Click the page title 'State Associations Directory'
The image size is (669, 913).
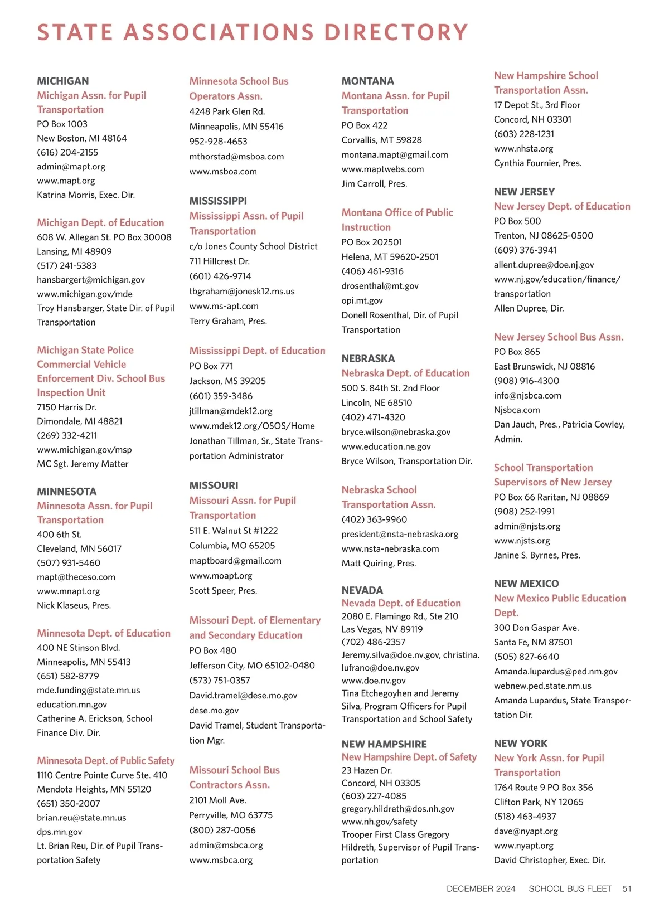click(x=253, y=32)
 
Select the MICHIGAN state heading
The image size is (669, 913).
click(x=63, y=81)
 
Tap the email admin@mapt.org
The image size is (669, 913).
click(x=71, y=167)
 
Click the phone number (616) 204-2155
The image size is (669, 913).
click(x=67, y=152)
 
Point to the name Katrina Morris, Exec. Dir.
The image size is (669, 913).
click(x=86, y=195)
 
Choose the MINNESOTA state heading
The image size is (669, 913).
click(x=66, y=492)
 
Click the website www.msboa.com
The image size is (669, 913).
click(x=223, y=172)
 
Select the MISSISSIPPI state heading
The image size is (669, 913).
click(x=218, y=201)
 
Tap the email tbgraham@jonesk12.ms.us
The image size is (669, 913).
click(x=242, y=291)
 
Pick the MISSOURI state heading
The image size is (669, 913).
click(x=214, y=485)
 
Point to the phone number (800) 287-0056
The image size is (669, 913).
click(x=222, y=830)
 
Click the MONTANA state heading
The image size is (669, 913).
click(x=367, y=81)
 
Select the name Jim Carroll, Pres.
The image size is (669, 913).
click(x=374, y=184)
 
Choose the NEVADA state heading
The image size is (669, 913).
click(x=362, y=590)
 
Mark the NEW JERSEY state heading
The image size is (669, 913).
click(x=524, y=192)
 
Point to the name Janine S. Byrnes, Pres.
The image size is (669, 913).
click(x=537, y=555)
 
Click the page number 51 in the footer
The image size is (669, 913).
click(x=627, y=888)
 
